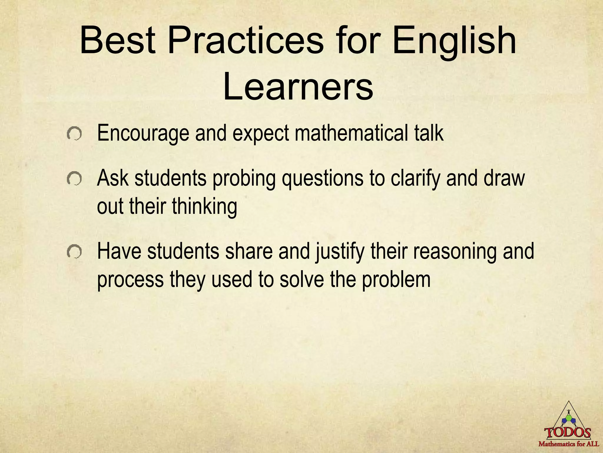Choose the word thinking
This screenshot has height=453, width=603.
click(x=204, y=207)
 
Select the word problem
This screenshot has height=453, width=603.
click(x=396, y=280)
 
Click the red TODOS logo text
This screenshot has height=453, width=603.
click(x=568, y=433)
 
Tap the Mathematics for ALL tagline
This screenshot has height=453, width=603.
click(x=569, y=444)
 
